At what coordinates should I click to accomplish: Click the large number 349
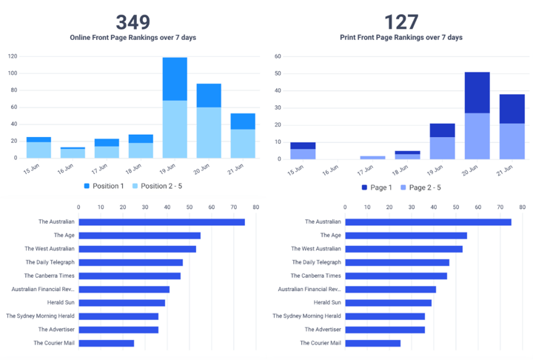(x=133, y=21)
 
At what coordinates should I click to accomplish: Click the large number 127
(x=401, y=21)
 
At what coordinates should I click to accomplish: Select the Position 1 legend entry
(x=104, y=186)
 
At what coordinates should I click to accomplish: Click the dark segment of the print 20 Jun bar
(x=477, y=93)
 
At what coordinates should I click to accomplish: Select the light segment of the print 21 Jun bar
(x=512, y=141)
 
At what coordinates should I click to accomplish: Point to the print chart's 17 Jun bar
(x=372, y=157)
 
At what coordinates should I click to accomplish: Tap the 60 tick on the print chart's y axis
(x=277, y=56)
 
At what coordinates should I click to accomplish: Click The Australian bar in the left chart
(x=161, y=221)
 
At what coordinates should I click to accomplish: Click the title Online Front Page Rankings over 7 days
(x=133, y=37)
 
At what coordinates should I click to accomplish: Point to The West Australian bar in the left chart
(x=137, y=248)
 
